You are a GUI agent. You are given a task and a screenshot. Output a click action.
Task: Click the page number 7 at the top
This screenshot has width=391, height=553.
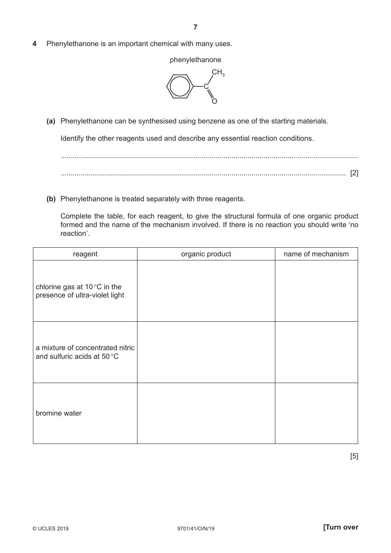(x=195, y=27)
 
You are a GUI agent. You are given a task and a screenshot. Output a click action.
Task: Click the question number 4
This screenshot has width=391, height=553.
(x=35, y=44)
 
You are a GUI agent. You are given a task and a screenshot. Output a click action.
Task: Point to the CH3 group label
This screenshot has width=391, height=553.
(x=218, y=73)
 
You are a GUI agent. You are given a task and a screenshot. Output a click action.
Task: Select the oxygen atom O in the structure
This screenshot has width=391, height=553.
(x=214, y=101)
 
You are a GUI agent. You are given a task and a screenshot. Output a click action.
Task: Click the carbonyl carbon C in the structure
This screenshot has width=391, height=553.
(x=206, y=86)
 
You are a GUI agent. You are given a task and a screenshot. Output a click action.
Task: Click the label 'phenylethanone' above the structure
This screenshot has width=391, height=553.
(x=195, y=60)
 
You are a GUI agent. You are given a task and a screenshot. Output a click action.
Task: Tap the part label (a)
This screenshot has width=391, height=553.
(x=51, y=121)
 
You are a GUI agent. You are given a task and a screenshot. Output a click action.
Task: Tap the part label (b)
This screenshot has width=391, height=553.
(x=51, y=199)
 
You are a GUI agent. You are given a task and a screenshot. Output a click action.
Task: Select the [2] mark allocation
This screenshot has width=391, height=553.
(x=354, y=173)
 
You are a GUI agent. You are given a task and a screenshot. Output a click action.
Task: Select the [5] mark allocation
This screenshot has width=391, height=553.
(x=354, y=456)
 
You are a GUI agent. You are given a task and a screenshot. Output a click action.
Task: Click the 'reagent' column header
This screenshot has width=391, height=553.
(x=85, y=254)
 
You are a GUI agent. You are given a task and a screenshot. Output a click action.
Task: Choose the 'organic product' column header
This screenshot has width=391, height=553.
(x=206, y=254)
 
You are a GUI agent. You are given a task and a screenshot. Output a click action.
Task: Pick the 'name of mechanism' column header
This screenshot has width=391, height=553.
(x=316, y=254)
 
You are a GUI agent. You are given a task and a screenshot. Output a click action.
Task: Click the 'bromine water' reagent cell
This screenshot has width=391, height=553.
(x=59, y=413)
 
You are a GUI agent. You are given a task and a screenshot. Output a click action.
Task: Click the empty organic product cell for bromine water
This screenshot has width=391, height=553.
(x=206, y=413)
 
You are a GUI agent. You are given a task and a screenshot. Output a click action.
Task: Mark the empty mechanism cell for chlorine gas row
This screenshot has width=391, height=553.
(x=316, y=291)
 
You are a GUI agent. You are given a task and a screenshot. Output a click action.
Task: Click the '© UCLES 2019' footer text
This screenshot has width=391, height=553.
(x=51, y=529)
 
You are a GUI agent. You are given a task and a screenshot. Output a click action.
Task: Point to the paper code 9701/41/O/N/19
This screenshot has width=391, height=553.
(x=195, y=529)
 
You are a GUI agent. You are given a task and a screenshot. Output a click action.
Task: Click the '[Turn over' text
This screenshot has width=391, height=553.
(x=341, y=527)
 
